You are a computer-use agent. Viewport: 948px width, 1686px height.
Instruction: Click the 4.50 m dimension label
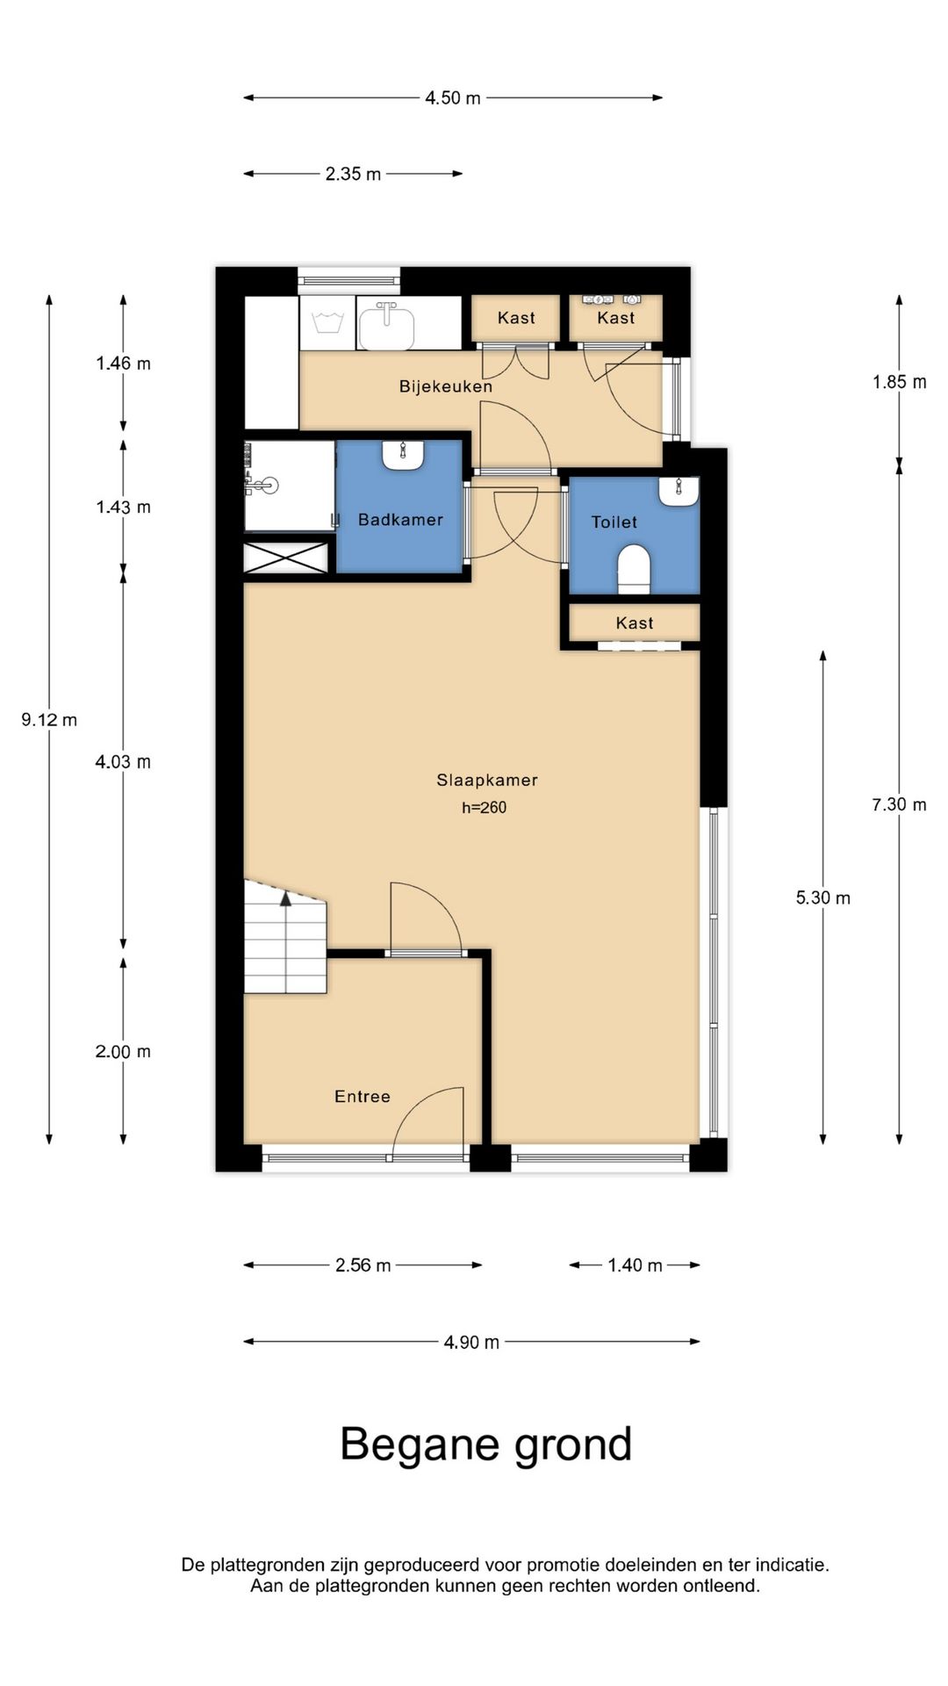tap(453, 98)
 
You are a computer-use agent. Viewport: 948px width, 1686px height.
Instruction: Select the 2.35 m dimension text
tap(353, 174)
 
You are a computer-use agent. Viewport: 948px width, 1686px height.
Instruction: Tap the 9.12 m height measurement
tap(49, 720)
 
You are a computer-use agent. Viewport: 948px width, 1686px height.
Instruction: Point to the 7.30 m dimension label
tap(899, 804)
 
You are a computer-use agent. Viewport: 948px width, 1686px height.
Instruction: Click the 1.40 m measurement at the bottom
tap(635, 1265)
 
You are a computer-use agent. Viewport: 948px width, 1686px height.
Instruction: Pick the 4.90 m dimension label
tap(471, 1342)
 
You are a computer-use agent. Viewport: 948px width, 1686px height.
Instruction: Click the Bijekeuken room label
tap(445, 386)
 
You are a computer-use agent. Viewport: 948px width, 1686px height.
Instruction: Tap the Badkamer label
tap(400, 520)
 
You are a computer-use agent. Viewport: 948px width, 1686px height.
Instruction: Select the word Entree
tap(362, 1096)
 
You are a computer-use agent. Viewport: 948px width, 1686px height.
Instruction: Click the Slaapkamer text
tap(487, 780)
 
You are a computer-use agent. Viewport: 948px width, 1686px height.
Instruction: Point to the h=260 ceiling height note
tap(485, 808)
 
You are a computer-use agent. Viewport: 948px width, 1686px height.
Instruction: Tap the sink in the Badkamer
tap(403, 456)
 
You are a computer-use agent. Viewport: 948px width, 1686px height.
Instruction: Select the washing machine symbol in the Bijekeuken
tap(327, 322)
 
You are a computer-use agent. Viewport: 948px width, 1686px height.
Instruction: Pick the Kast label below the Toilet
tap(634, 623)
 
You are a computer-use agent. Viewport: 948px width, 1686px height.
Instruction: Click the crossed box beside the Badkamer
tap(286, 558)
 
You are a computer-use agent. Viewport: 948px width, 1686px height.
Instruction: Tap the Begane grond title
tap(485, 1444)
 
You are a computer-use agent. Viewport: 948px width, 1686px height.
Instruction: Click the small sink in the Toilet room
tap(679, 493)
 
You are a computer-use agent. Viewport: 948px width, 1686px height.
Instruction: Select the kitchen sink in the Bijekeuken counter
tap(386, 325)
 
